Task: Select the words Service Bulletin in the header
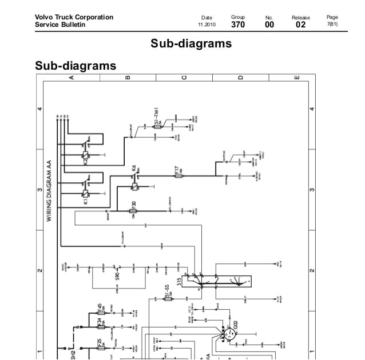59,25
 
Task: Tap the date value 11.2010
207,25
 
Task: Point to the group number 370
238,25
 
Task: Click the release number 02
300,25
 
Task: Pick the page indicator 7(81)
332,25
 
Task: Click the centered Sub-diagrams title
191,43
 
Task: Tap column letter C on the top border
184,78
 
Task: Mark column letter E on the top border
296,78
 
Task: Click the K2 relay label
85,161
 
